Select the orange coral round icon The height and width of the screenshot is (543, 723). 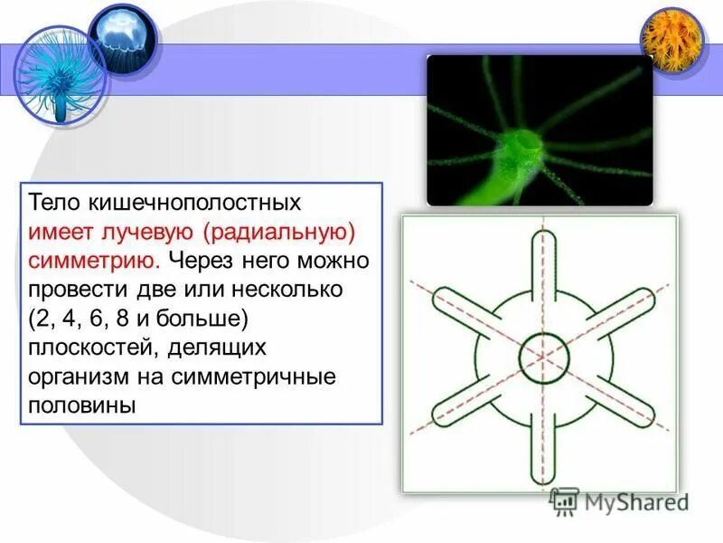click(671, 39)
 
